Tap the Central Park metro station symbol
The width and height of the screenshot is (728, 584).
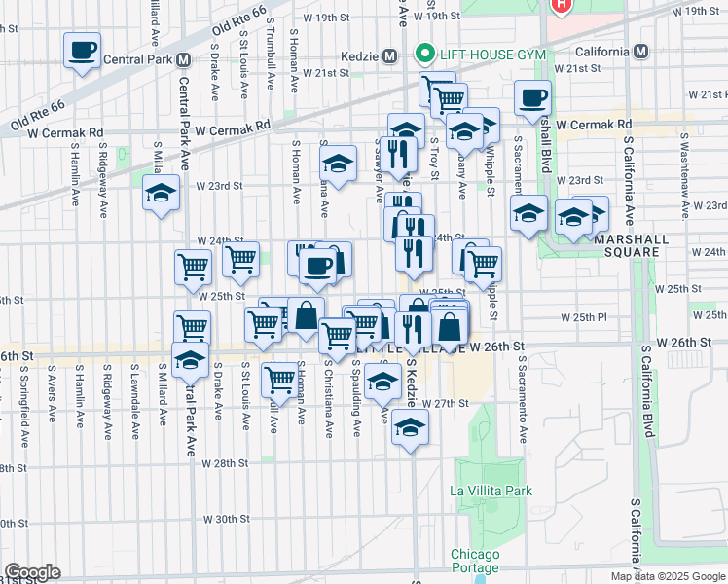tap(183, 59)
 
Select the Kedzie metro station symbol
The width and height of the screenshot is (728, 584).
tap(389, 55)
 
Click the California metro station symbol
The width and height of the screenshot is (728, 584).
tap(640, 51)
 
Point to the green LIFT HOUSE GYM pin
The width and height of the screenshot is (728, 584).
tap(422, 53)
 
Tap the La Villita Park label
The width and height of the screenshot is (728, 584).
tap(491, 491)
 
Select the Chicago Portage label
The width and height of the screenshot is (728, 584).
tap(475, 561)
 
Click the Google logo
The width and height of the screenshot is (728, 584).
tap(32, 572)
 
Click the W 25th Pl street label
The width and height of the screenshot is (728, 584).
tap(584, 317)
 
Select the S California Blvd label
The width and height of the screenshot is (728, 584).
tap(647, 390)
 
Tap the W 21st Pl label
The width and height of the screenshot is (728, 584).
tap(707, 94)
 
